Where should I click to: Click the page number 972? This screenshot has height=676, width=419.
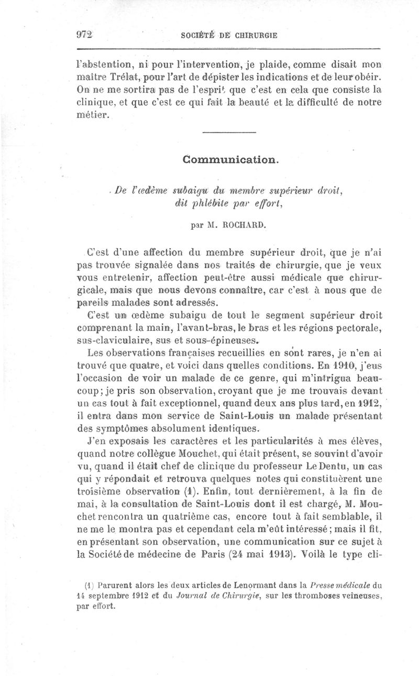click(84, 35)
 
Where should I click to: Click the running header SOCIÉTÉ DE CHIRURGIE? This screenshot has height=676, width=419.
click(228, 36)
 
